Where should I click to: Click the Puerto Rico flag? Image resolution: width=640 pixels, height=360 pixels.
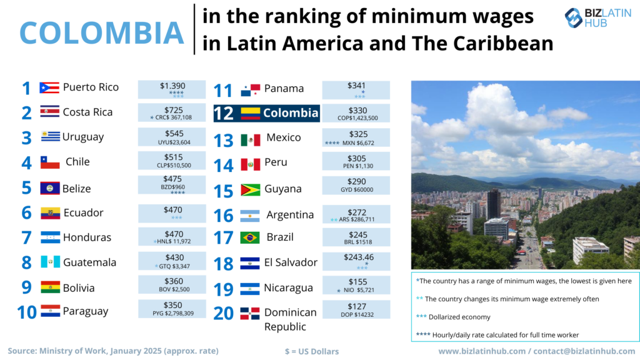click(x=49, y=87)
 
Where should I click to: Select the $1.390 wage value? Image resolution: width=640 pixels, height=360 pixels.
click(x=172, y=86)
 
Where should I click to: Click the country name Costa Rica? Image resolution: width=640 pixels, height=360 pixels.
click(x=87, y=112)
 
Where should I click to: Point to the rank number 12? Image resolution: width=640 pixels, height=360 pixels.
click(x=223, y=114)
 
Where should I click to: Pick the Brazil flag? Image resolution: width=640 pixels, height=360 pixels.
click(x=250, y=237)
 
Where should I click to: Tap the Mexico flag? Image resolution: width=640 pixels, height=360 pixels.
click(x=250, y=139)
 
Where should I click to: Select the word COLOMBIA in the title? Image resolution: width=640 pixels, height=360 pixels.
click(x=102, y=32)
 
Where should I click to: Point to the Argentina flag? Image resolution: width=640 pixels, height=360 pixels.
click(x=250, y=216)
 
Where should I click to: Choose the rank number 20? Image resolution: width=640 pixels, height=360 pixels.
click(x=223, y=312)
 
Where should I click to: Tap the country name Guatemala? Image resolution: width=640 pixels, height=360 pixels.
click(x=89, y=262)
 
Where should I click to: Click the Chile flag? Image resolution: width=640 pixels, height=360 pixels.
click(x=50, y=162)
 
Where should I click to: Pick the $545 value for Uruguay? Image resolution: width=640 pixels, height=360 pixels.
click(x=172, y=134)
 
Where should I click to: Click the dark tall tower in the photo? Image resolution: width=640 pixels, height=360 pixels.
click(x=494, y=204)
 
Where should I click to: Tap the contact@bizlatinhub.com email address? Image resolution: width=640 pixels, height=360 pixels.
click(x=583, y=351)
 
